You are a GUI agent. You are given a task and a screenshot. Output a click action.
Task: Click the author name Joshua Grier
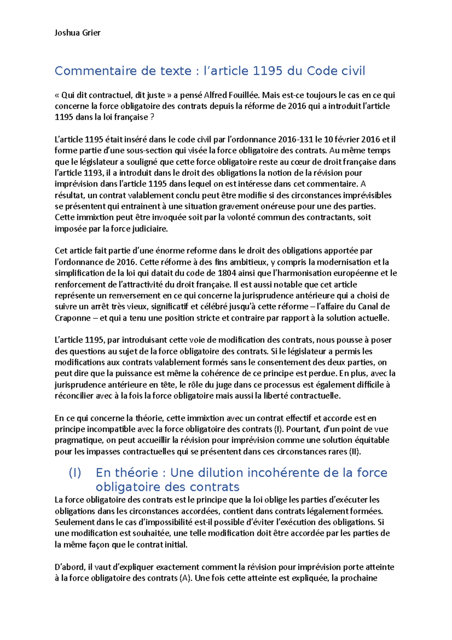(x=77, y=33)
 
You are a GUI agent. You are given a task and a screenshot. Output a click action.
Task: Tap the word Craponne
(x=72, y=318)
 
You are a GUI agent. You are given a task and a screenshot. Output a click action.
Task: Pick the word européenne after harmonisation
(x=358, y=273)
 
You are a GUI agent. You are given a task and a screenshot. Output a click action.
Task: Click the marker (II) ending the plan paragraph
(x=355, y=452)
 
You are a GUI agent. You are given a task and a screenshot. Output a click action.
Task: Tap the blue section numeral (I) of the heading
(x=75, y=473)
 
